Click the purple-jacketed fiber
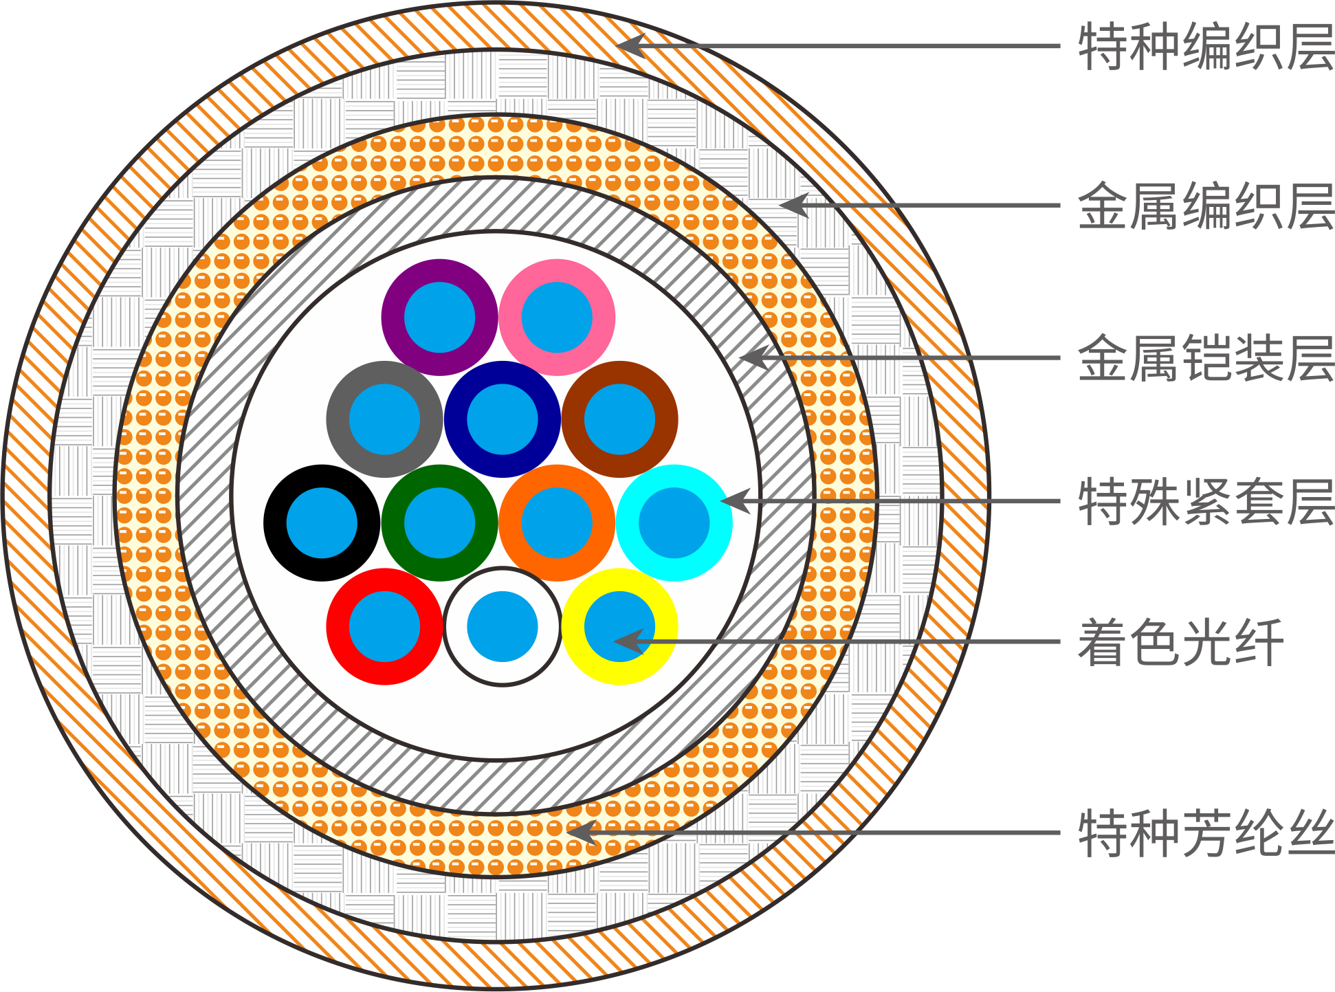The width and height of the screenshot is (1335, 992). pos(439,318)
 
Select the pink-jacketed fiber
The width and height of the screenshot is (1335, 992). pos(557,318)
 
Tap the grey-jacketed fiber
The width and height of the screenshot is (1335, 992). pos(384,419)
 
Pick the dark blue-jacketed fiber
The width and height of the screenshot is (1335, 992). pos(502,419)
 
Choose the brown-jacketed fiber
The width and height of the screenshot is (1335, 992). pos(619,419)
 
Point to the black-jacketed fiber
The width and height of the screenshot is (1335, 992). pos(322,523)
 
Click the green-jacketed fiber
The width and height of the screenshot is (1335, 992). pos(439,523)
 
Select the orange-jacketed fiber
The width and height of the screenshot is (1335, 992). pos(557,523)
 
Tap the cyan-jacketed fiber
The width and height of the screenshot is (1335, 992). pos(674,523)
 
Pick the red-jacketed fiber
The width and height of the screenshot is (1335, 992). pos(384,626)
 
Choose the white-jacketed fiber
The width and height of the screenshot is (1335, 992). pos(502,626)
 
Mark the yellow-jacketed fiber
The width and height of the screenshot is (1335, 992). pos(619,626)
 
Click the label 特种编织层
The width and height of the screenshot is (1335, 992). pos(1205,47)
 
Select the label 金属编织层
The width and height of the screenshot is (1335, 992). pos(1205,206)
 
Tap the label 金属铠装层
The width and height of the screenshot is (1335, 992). pos(1205,358)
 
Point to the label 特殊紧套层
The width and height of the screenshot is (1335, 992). pos(1205,502)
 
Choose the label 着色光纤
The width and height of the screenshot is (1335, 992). pos(1180,642)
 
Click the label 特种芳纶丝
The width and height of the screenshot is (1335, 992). pos(1205,833)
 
